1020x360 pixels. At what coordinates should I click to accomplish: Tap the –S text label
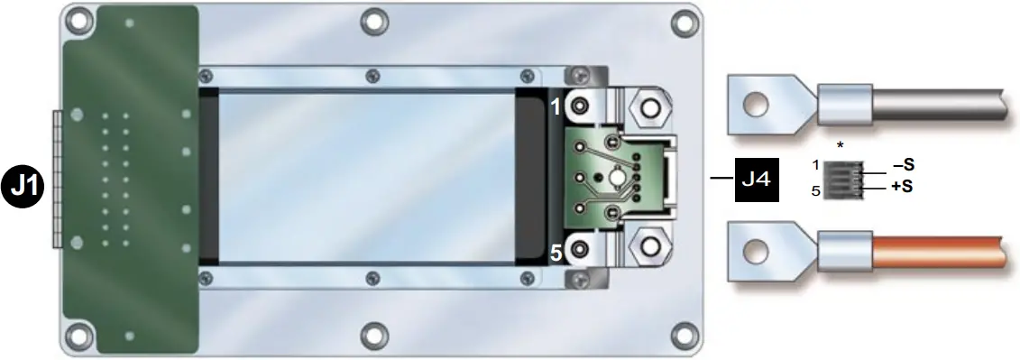[903, 165]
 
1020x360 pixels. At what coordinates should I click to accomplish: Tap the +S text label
[903, 188]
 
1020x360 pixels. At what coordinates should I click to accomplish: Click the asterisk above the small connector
[841, 145]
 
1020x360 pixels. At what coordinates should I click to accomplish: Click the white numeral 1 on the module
[556, 106]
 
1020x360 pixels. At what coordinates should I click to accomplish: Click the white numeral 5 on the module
[556, 254]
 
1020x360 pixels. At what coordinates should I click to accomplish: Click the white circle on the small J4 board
[614, 179]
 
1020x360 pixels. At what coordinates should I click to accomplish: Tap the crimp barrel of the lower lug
[843, 249]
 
